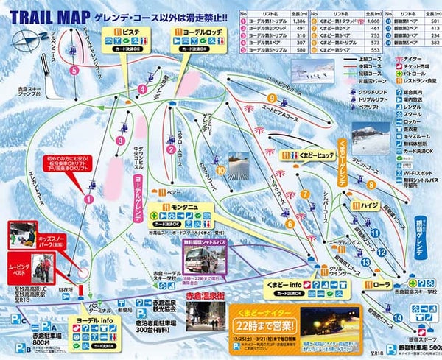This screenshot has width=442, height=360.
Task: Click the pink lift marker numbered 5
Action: [74, 70]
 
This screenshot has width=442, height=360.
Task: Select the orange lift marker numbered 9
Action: [272, 98]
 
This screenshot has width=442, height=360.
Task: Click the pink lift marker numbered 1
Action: [90, 198]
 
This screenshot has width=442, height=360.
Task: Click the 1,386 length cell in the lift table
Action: [297, 23]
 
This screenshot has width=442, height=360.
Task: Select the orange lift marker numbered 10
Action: [220, 170]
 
